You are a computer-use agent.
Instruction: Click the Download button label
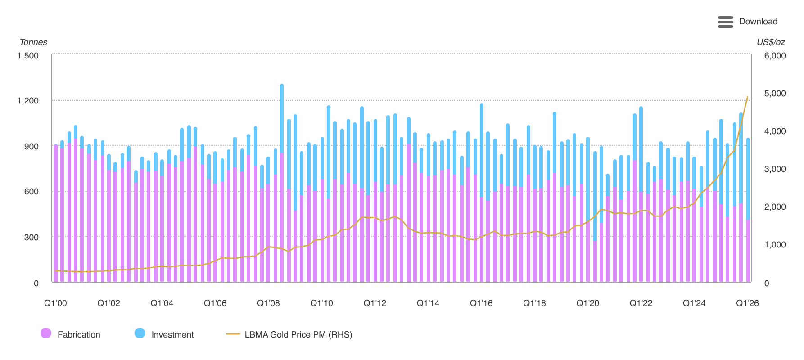[x=758, y=22]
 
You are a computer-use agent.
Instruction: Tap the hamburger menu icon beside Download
[x=726, y=22]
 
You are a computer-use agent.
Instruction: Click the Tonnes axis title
[x=33, y=42]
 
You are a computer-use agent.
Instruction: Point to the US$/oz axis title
[x=771, y=42]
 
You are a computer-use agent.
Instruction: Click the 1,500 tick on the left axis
[x=28, y=56]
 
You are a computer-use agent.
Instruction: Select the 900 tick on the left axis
[x=32, y=146]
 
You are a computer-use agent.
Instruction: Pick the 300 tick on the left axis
[x=32, y=237]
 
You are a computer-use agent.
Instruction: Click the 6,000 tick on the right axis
[x=775, y=56]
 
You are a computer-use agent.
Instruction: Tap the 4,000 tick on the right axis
[x=775, y=131]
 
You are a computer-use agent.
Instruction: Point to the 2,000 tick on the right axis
[x=775, y=207]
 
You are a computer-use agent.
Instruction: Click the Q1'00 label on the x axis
[x=55, y=303]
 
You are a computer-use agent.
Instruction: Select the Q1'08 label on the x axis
[x=268, y=303]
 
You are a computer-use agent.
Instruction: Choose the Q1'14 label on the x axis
[x=428, y=303]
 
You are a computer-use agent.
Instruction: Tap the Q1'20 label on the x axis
[x=588, y=303]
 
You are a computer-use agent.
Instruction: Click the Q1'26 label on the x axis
[x=747, y=303]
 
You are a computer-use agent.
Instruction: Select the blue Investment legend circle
[x=140, y=333]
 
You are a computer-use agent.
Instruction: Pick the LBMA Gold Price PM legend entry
[x=289, y=334]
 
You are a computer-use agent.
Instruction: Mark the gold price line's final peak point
[x=748, y=96]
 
